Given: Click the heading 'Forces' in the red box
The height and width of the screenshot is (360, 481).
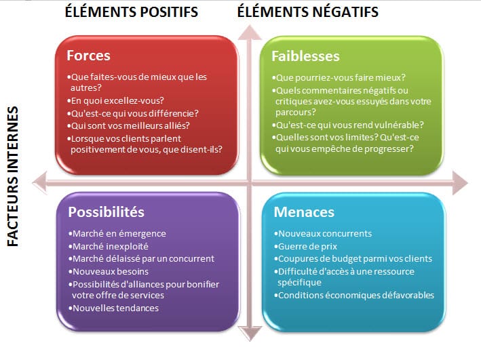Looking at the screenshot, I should [88, 55].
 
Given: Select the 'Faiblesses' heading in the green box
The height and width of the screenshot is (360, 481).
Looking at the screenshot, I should [305, 55].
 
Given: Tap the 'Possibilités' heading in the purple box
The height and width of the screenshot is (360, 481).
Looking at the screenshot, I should [106, 212].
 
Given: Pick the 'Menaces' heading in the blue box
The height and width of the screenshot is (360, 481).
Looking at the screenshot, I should [304, 212].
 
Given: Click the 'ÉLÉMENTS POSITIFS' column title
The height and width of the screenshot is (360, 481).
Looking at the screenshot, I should [131, 12].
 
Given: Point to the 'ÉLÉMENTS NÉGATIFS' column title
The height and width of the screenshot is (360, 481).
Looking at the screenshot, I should [307, 12].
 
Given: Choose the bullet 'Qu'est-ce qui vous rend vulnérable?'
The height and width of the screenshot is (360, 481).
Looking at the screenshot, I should [347, 125].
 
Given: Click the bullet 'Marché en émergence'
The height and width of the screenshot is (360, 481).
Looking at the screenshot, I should [118, 233].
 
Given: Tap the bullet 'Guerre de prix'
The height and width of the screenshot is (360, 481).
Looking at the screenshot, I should [305, 246].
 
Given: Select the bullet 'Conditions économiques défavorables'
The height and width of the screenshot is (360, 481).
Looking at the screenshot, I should [353, 295].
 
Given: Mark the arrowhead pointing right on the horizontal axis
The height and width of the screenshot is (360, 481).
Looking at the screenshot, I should [461, 180].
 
